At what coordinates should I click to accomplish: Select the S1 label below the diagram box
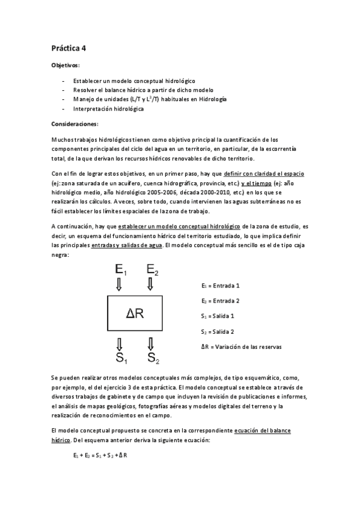click(120, 359)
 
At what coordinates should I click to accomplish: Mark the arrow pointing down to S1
click(120, 343)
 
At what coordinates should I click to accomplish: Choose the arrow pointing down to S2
click(150, 343)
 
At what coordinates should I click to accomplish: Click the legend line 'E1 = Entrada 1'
click(221, 285)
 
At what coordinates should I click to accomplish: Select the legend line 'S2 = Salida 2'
click(217, 331)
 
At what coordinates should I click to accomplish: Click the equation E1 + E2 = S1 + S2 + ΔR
click(100, 455)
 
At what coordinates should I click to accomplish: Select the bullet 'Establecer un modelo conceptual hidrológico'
click(134, 81)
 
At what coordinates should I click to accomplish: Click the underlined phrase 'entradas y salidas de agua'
click(127, 245)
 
